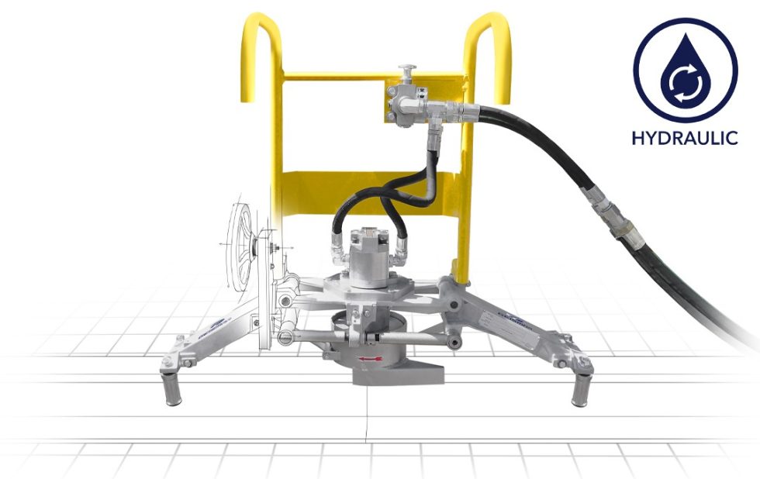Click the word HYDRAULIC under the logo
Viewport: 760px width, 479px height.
pyautogui.click(x=684, y=139)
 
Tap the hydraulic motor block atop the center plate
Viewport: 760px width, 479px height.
pyautogui.click(x=369, y=252)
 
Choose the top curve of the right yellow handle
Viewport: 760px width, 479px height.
pyautogui.click(x=488, y=23)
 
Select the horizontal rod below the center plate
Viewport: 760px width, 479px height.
pyautogui.click(x=364, y=336)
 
